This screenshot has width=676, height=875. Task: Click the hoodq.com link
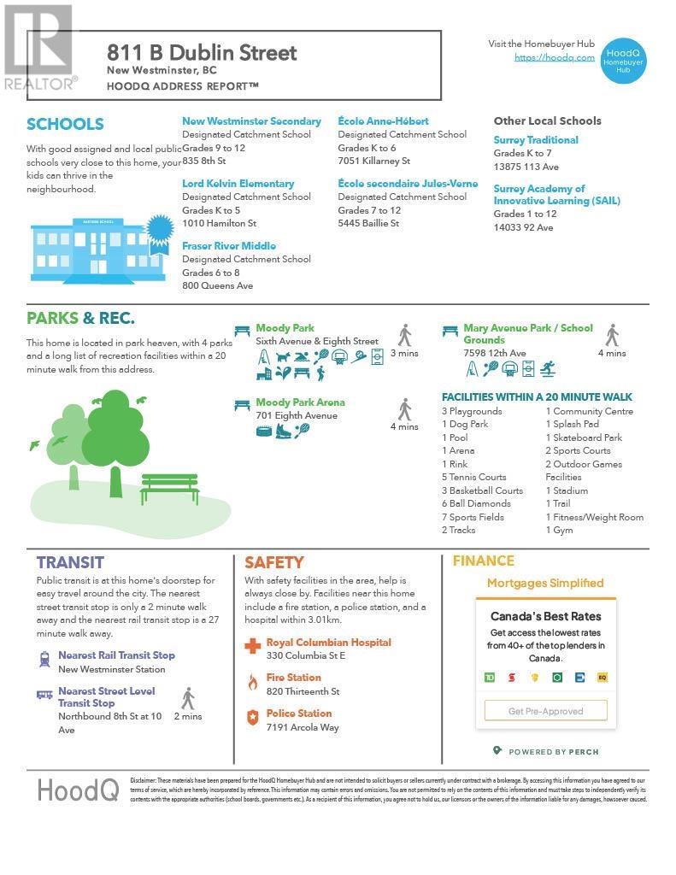pyautogui.click(x=554, y=57)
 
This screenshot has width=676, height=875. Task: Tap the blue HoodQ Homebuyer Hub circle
pyautogui.click(x=623, y=59)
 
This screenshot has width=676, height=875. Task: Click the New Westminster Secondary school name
pyautogui.click(x=251, y=121)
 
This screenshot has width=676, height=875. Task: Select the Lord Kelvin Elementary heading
pyautogui.click(x=238, y=184)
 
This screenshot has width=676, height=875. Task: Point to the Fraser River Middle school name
pyautogui.click(x=228, y=246)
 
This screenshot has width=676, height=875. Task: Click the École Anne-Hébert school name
pyautogui.click(x=383, y=121)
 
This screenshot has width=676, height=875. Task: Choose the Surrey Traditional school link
pyautogui.click(x=536, y=140)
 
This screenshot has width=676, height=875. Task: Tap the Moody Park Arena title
pyautogui.click(x=300, y=402)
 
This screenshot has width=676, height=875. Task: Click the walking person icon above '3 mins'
pyautogui.click(x=404, y=335)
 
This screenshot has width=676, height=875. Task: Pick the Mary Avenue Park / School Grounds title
pyautogui.click(x=527, y=333)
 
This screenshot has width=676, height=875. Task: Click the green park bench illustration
pyautogui.click(x=170, y=488)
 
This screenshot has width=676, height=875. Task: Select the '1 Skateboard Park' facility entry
pyautogui.click(x=584, y=437)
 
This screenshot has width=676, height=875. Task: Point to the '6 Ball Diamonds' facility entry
pyautogui.click(x=476, y=503)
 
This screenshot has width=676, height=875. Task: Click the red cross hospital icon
pyautogui.click(x=252, y=646)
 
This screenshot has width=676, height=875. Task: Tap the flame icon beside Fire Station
pyautogui.click(x=252, y=682)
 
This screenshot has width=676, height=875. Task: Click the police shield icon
pyautogui.click(x=252, y=718)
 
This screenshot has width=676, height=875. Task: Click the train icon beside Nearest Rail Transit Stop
pyautogui.click(x=44, y=659)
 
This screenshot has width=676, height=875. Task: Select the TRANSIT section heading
pyautogui.click(x=70, y=562)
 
